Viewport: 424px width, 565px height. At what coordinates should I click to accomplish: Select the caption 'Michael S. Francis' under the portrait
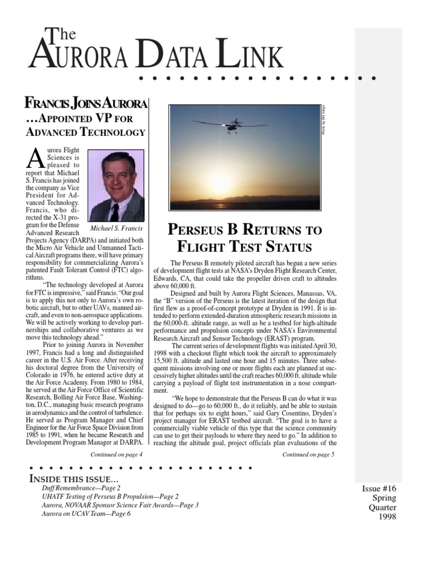116,228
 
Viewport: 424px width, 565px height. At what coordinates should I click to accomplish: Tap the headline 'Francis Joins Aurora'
86,104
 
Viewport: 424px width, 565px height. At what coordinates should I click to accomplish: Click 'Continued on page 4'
116,454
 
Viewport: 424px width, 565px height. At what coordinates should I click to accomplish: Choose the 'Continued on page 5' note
308,455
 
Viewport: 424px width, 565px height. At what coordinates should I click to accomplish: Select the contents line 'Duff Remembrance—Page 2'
81,488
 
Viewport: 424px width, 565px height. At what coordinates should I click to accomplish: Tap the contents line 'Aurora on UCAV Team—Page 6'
86,513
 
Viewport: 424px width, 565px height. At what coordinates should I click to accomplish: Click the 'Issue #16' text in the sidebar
379,488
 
